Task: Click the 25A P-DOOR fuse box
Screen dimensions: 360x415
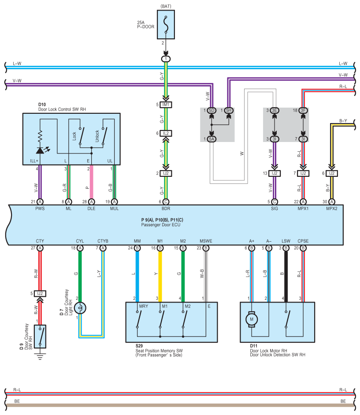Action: click(166, 25)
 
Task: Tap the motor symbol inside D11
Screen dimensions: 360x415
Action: click(252, 319)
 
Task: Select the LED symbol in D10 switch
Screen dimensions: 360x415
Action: click(40, 150)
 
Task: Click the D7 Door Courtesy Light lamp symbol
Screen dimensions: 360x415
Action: click(80, 308)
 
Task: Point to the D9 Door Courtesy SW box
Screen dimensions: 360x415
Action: click(40, 336)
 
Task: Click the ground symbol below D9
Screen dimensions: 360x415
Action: click(40, 356)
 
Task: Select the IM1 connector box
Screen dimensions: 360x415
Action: click(166, 105)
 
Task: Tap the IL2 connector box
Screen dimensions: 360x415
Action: click(166, 133)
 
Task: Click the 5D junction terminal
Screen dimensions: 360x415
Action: click(212, 110)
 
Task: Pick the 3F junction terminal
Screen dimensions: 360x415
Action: click(303, 110)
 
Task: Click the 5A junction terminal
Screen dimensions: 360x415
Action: click(212, 139)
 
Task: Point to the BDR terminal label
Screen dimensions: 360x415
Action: click(166, 209)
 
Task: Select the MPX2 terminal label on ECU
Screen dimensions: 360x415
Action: click(332, 209)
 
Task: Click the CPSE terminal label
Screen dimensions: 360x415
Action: click(303, 241)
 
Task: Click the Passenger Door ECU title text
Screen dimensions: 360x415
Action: click(160, 225)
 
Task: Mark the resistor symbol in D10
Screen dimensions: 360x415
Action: click(40, 137)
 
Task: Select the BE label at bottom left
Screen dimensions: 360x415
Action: click(17, 401)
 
